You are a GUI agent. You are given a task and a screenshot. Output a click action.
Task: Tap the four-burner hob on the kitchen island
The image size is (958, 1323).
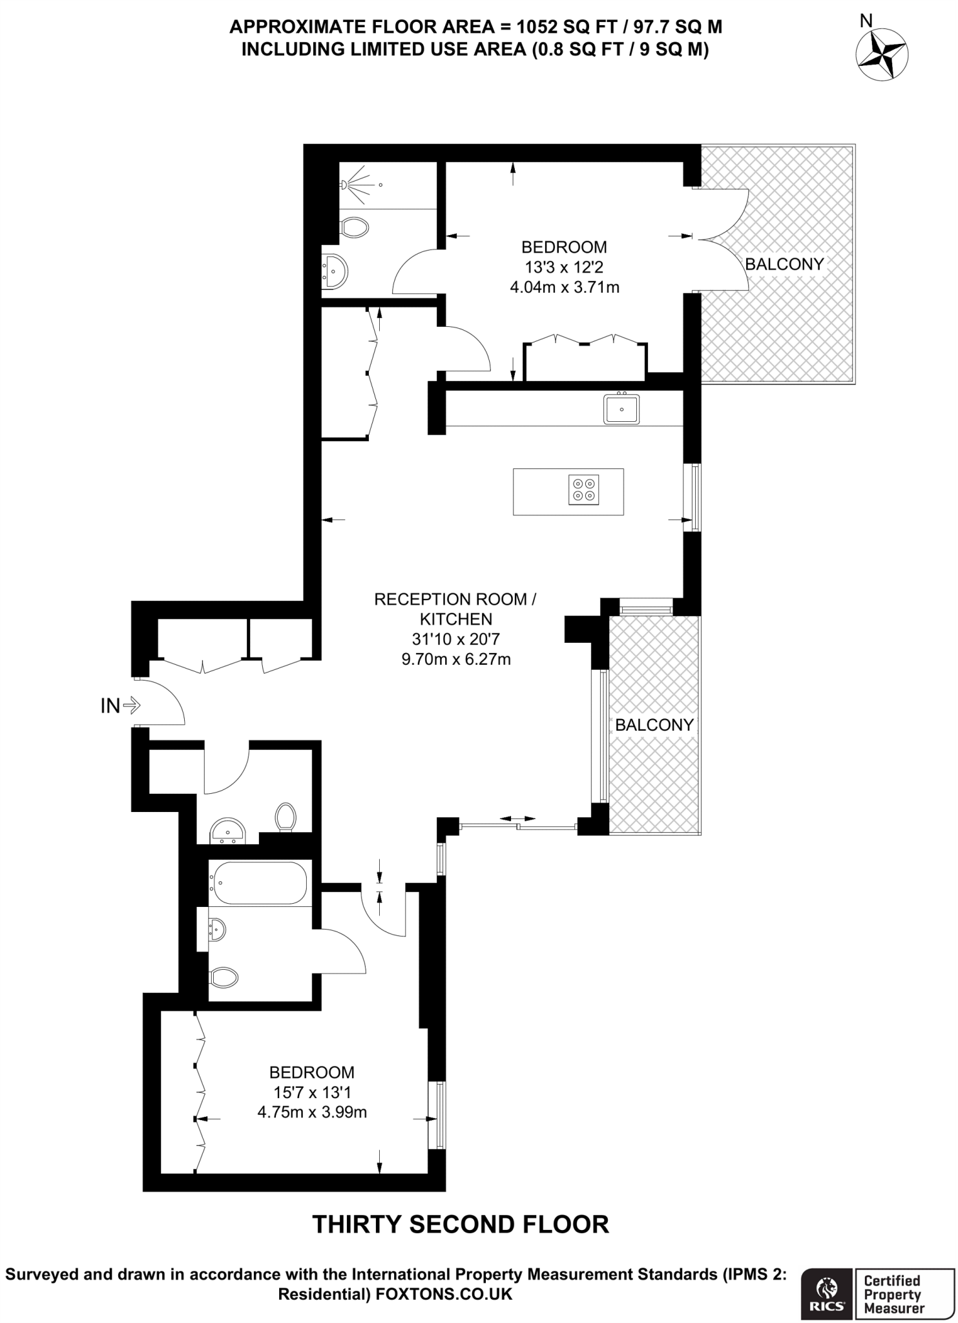tap(584, 489)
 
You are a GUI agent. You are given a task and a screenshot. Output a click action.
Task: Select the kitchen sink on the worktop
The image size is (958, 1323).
tap(621, 409)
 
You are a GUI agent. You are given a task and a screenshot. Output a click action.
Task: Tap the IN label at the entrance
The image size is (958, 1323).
tap(110, 706)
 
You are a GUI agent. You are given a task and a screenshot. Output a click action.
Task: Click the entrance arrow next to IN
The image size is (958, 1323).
tap(131, 705)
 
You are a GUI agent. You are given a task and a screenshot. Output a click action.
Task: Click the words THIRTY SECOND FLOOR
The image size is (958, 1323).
tap(461, 1224)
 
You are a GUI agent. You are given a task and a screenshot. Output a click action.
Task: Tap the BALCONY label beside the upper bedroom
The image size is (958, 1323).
tap(784, 264)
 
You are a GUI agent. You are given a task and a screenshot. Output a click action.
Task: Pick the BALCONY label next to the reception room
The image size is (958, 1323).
tap(654, 725)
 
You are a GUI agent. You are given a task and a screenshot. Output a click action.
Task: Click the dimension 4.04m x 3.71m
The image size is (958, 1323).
tap(565, 287)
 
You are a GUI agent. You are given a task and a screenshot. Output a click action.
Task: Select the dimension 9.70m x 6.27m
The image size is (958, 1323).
tap(456, 660)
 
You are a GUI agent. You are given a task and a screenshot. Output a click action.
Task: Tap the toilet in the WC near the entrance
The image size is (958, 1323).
tap(286, 817)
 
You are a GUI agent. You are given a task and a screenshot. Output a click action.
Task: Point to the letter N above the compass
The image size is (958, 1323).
tap(866, 21)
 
